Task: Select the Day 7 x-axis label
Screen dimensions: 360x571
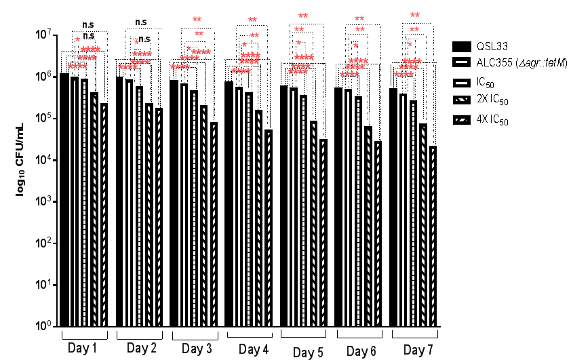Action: (415, 350)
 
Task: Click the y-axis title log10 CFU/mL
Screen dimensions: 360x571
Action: (21, 161)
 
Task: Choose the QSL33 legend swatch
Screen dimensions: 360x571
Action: (462, 46)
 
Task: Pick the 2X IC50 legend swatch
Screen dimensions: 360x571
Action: (462, 100)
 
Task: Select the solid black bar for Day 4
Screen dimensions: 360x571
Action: (229, 203)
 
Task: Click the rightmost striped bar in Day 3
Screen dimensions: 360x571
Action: (214, 224)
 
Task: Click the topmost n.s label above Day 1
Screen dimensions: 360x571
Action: (88, 24)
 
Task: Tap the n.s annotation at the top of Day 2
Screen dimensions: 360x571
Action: (141, 22)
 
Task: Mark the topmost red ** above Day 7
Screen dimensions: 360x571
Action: (414, 15)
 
